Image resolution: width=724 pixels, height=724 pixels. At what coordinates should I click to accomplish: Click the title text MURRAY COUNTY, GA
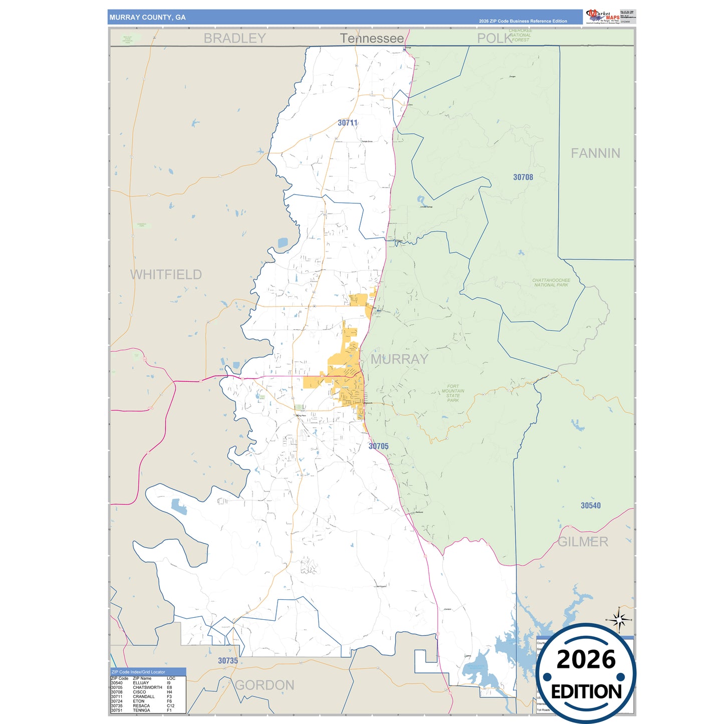147,18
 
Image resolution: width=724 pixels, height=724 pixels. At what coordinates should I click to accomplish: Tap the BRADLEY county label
234,38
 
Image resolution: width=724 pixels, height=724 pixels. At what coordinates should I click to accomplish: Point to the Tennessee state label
372,39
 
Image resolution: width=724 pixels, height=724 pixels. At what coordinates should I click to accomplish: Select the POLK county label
494,39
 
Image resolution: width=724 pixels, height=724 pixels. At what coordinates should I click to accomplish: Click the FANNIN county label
595,153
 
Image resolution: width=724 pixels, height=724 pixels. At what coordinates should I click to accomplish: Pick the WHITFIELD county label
166,275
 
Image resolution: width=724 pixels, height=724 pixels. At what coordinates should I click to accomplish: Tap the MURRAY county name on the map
399,359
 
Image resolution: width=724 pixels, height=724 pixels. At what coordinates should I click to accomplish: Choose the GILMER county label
583,542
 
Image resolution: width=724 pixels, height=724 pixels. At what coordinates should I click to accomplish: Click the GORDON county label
265,685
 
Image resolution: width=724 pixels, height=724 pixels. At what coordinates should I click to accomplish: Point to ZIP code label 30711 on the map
347,123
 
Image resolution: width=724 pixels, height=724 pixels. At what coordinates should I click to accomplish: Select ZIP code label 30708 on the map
523,177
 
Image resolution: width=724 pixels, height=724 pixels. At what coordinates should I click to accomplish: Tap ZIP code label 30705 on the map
378,446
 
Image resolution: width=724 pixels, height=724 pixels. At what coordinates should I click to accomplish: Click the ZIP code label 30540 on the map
590,506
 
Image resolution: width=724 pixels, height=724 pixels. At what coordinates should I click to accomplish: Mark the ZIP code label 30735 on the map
228,661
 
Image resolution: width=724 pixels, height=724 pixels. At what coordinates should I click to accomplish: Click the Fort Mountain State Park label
453,393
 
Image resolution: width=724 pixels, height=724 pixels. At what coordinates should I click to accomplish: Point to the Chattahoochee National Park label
551,283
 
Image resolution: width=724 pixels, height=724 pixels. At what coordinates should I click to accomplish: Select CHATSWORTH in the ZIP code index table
147,687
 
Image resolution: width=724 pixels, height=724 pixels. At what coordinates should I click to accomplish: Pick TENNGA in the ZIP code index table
141,710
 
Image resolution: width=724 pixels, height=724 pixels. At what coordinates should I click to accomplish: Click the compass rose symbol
619,620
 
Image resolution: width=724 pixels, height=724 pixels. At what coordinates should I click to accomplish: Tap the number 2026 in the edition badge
586,659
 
